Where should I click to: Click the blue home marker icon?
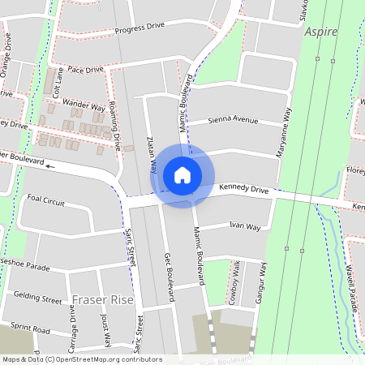tap(182, 175)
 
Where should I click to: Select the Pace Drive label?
tap(86, 70)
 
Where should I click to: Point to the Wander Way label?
tap(84, 105)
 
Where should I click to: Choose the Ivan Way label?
tap(244, 226)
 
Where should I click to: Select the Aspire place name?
tap(324, 32)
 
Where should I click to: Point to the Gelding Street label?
tap(38, 299)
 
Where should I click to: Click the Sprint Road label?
tap(32, 331)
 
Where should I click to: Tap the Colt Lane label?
tap(56, 84)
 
